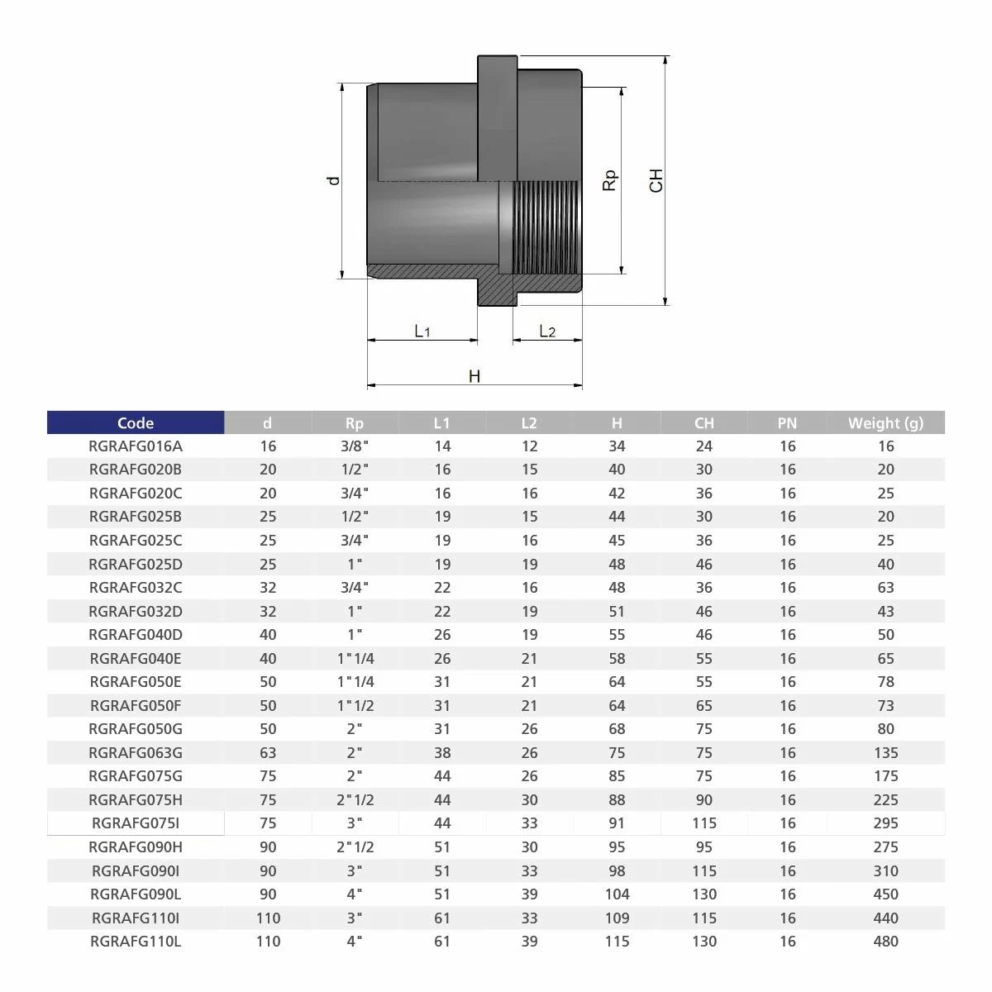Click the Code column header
point(136,422)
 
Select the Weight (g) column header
point(885,422)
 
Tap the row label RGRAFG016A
point(136,446)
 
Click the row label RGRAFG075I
point(136,823)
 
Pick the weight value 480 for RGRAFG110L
point(885,942)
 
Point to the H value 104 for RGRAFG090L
point(617,894)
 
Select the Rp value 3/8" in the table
point(355,446)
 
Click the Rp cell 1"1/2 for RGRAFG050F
point(355,706)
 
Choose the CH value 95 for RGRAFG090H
point(704,847)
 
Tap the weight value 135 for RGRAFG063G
point(885,753)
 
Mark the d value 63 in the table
point(267,753)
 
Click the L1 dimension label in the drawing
point(422,331)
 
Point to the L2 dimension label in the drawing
point(547,331)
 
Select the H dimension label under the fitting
point(475,376)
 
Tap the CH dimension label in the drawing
point(656,180)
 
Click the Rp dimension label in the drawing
point(610,180)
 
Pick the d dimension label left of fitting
point(333,180)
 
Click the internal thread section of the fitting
point(546,227)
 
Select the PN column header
point(787,422)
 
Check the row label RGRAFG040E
point(136,659)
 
